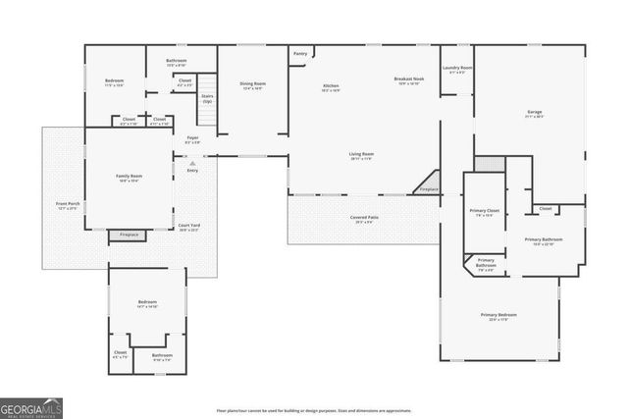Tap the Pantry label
tap(300, 53)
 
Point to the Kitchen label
tap(331, 87)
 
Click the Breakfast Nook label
tap(408, 80)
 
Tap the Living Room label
tap(362, 155)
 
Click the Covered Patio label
tap(365, 219)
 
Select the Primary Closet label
tap(484, 212)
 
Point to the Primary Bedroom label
tap(498, 316)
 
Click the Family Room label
tap(130, 177)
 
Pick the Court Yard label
tap(187, 228)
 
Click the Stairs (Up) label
tap(207, 98)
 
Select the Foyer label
tap(193, 139)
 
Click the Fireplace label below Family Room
tap(130, 236)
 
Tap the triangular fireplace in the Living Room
tap(427, 185)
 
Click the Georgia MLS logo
tap(31, 407)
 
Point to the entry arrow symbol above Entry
tap(192, 163)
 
